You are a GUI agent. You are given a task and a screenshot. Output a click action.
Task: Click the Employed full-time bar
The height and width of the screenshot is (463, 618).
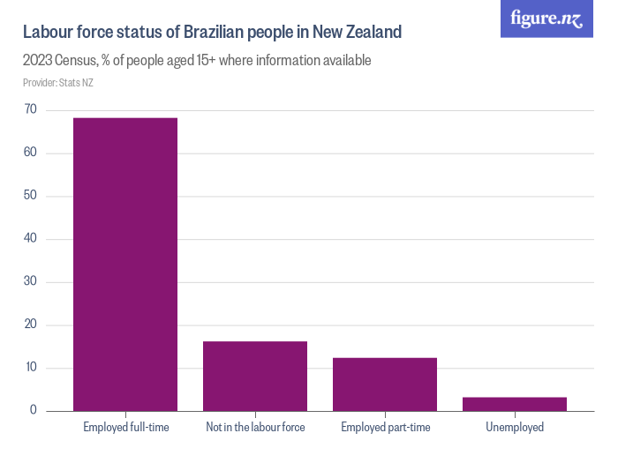(x=125, y=265)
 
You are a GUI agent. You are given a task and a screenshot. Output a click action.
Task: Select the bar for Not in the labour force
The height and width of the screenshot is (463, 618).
(x=255, y=376)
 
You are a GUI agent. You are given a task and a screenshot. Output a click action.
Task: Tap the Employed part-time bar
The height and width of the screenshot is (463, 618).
(x=385, y=384)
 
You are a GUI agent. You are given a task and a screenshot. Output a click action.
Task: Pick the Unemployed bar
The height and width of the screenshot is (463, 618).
(x=515, y=404)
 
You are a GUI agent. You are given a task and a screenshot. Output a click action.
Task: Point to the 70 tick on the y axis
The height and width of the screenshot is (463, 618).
(x=31, y=109)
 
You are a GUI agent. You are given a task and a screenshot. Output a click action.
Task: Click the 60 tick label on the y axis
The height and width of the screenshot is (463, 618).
(x=31, y=153)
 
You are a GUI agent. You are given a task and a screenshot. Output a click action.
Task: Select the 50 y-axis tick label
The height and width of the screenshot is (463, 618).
(x=31, y=196)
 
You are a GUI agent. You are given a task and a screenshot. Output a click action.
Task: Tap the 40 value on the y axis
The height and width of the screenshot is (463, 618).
(x=31, y=239)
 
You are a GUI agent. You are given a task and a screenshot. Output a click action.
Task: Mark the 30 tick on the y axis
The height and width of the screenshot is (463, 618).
(x=31, y=282)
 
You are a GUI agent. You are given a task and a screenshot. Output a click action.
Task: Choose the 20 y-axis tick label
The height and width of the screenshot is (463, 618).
(x=31, y=325)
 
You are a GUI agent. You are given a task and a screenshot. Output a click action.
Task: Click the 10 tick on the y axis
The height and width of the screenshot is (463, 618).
(x=31, y=368)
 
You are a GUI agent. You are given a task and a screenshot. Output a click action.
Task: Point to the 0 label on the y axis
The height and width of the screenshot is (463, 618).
(x=34, y=411)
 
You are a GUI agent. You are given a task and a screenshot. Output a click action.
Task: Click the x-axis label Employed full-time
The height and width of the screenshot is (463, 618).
(x=125, y=428)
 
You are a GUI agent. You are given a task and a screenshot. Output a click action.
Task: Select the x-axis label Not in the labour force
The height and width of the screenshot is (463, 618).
(x=255, y=428)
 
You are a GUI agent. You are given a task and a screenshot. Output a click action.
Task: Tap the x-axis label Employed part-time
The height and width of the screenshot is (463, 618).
(x=385, y=428)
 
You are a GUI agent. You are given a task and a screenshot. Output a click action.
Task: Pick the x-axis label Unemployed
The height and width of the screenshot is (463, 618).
(x=515, y=428)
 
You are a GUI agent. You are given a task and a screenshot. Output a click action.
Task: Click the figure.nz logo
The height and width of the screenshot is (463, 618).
(x=546, y=19)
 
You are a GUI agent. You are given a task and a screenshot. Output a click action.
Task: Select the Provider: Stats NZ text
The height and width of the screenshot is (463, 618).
(x=57, y=83)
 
